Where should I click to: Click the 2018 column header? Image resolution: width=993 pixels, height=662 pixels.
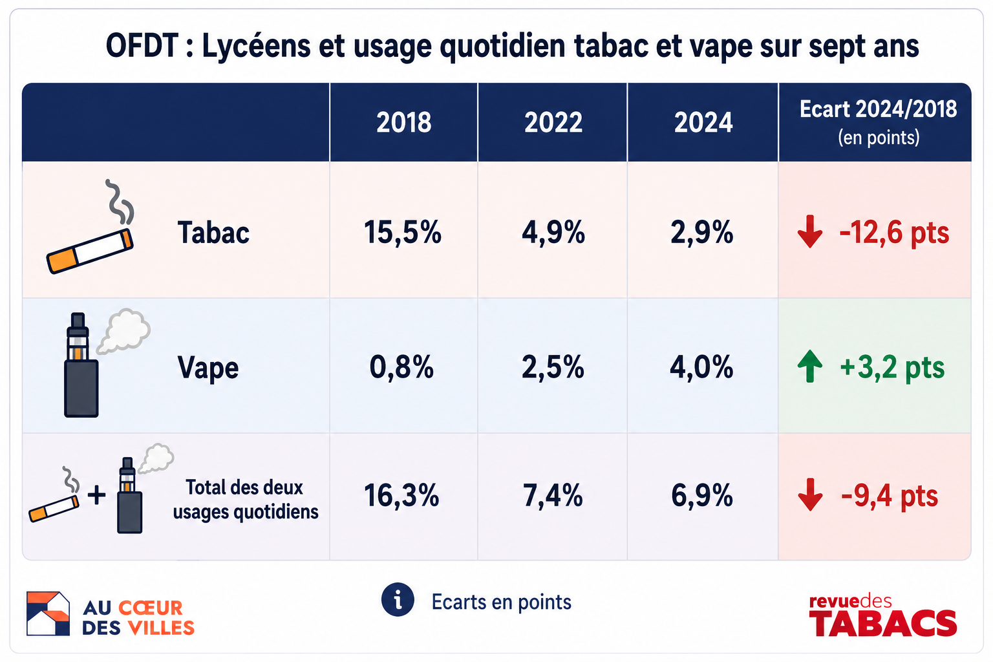click(403, 122)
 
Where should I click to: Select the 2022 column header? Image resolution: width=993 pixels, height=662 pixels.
click(553, 122)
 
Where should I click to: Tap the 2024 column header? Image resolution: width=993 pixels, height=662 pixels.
click(703, 122)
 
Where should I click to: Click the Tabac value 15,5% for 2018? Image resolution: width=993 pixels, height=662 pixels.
click(403, 232)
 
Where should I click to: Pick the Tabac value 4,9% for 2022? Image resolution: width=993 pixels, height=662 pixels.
click(553, 232)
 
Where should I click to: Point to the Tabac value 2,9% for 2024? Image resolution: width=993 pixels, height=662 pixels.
click(702, 232)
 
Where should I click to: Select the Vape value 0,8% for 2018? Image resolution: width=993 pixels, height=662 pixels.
click(401, 367)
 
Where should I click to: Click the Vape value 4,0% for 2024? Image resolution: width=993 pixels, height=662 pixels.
click(701, 367)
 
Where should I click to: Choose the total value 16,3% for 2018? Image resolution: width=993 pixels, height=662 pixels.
click(401, 495)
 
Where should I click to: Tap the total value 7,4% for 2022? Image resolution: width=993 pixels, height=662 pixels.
click(553, 495)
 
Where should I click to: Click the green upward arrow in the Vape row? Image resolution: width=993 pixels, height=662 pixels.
click(809, 366)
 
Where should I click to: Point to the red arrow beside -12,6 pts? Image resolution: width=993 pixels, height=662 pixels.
click(810, 231)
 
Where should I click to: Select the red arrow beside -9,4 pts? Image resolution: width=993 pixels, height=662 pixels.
click(810, 495)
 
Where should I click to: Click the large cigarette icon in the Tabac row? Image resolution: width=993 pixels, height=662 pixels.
click(90, 251)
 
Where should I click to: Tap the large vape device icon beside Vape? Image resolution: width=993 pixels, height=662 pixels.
click(81, 365)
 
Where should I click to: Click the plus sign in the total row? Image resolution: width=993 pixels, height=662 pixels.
click(96, 495)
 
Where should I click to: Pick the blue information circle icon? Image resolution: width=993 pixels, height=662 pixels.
click(398, 599)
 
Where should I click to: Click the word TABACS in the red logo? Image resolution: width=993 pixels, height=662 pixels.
click(882, 623)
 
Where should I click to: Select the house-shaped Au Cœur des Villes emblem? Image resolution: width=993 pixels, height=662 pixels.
click(48, 614)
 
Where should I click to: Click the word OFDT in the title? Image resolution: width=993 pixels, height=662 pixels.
click(142, 46)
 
